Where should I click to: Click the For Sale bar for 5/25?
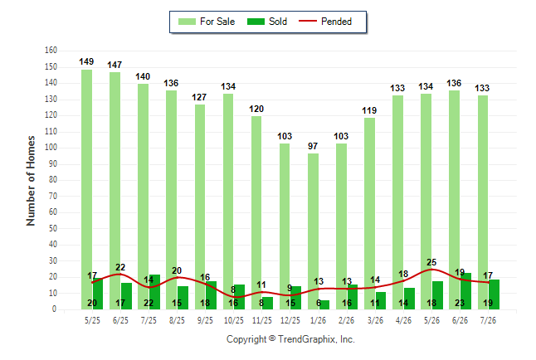tap(87, 189)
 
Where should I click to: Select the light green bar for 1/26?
tap(313, 231)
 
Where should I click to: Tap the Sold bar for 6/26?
tap(465, 291)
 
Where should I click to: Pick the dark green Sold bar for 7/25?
tap(154, 292)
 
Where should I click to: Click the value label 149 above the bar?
tap(86, 61)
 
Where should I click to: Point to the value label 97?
tap(313, 146)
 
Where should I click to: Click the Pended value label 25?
tap(431, 262)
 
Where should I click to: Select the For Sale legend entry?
tap(207, 22)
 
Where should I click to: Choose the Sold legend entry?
tap(267, 22)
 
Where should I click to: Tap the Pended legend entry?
tap(325, 22)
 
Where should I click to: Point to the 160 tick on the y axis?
tap(51, 51)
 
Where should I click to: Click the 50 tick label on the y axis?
tap(52, 228)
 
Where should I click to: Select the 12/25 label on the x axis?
tap(290, 320)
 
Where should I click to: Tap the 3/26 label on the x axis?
tap(375, 320)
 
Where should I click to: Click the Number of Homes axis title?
tap(31, 181)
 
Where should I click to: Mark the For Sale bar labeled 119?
tap(369, 214)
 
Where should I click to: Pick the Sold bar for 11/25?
tap(268, 304)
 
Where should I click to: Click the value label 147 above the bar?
tap(115, 65)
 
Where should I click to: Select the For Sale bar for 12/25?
tap(285, 226)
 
